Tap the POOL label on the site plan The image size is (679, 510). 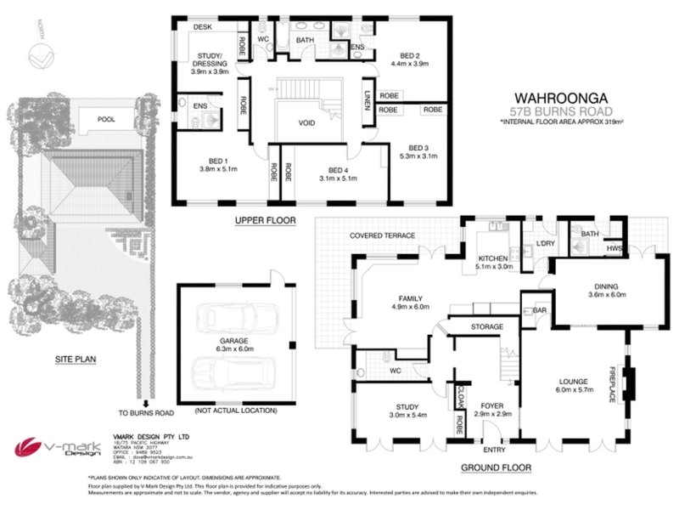point(106,120)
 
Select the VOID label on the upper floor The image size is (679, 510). point(307,122)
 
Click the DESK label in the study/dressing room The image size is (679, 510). point(202,27)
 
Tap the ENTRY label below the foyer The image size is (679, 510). point(493,450)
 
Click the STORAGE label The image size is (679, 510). point(487,326)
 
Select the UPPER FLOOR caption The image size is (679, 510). point(265,220)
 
